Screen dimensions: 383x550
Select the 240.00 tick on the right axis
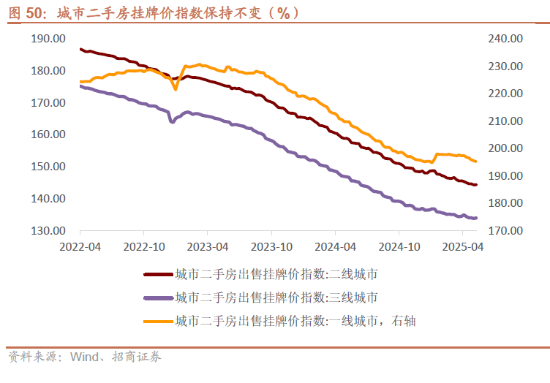pos(506,39)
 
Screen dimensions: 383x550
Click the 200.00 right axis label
pos(506,148)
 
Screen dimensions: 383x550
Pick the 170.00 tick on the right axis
pos(506,231)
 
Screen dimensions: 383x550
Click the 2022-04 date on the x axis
pos(80,247)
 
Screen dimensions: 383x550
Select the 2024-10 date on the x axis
pos(401,247)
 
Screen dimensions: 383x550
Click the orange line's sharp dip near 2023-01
pos(176,89)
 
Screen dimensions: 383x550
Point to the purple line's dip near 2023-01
pos(172,121)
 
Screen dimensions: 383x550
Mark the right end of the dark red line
pos(476,185)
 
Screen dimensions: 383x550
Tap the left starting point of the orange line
pos(80,81)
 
